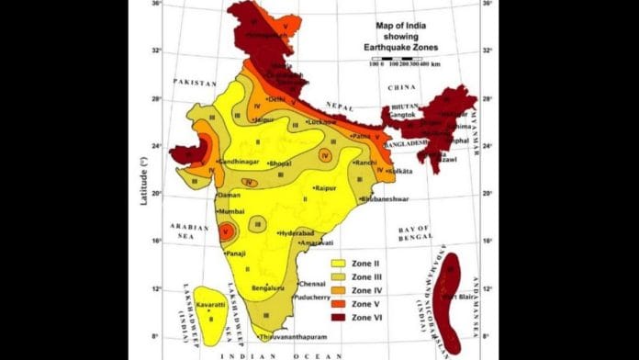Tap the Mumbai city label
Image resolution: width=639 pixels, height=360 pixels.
[x=230, y=211]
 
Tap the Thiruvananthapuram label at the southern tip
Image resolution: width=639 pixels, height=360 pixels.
[x=294, y=337]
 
